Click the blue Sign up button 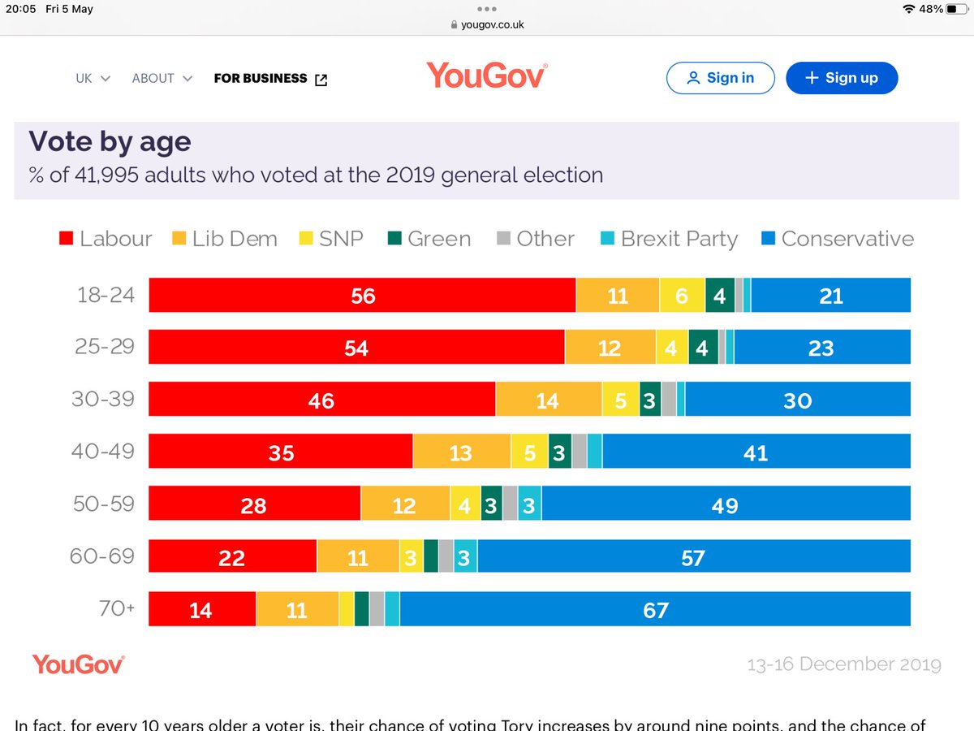click(842, 78)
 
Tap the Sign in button click(720, 78)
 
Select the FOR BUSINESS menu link click(269, 79)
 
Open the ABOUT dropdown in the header click(162, 79)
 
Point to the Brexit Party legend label click(679, 239)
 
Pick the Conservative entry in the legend click(847, 239)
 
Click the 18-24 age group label click(106, 295)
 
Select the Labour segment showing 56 click(362, 296)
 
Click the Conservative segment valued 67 click(655, 609)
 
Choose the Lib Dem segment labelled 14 click(548, 400)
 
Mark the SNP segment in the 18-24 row click(682, 296)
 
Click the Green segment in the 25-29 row click(702, 348)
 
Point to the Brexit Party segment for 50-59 click(529, 504)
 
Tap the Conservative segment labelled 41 click(756, 452)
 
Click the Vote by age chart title click(110, 141)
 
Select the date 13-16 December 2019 click(843, 664)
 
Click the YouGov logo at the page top click(486, 76)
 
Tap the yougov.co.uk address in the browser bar click(487, 24)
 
